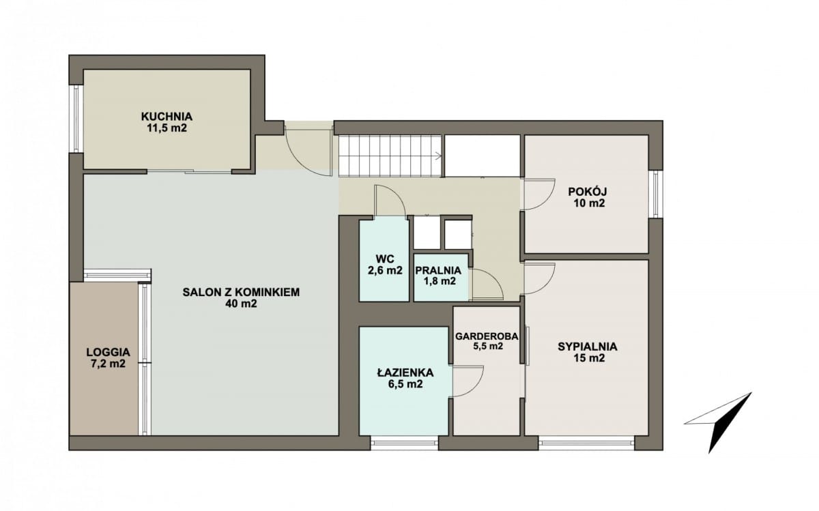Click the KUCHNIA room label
[x=167, y=117]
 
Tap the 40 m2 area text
[x=241, y=304]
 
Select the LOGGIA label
[x=109, y=352]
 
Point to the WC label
[x=385, y=259]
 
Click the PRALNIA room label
[x=438, y=270]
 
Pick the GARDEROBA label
[x=487, y=336]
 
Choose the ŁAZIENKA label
[x=405, y=373]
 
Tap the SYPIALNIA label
[x=588, y=347]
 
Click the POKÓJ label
[x=588, y=191]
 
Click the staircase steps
[x=390, y=156]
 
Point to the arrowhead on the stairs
[x=438, y=156]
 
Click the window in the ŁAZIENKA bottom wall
[x=404, y=443]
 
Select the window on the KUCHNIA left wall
[x=76, y=119]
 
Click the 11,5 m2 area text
[x=167, y=128]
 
